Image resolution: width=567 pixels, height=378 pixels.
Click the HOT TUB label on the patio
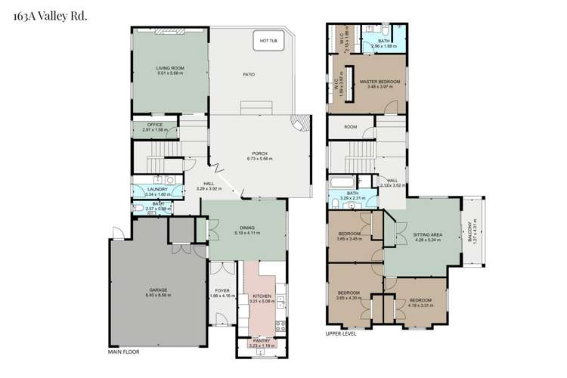(269, 40)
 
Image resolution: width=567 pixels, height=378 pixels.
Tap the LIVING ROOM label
(170, 68)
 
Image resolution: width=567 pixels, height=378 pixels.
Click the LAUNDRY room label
(156, 190)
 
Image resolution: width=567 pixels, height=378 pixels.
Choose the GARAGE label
(157, 290)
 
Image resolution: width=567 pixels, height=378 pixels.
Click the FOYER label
(222, 290)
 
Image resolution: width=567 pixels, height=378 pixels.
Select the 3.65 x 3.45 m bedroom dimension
(349, 239)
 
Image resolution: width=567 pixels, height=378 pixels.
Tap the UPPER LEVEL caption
(340, 332)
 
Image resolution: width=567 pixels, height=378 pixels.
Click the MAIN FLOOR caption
(124, 352)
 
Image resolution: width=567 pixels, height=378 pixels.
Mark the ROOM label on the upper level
(350, 127)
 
